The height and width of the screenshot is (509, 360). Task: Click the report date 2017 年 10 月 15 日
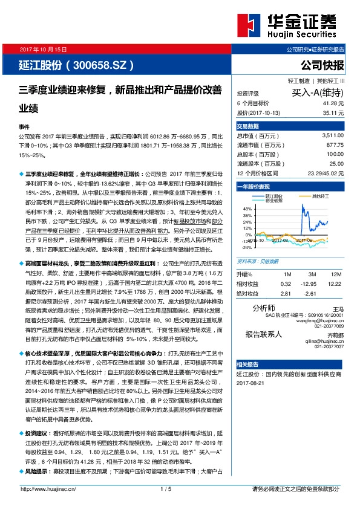42,48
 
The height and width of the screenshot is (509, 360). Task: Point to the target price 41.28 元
333,103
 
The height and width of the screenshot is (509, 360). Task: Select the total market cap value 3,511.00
333,136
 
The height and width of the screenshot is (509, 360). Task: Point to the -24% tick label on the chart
246,247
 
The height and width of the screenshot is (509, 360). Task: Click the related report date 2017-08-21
252,382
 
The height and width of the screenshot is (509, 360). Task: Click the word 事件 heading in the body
24,128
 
